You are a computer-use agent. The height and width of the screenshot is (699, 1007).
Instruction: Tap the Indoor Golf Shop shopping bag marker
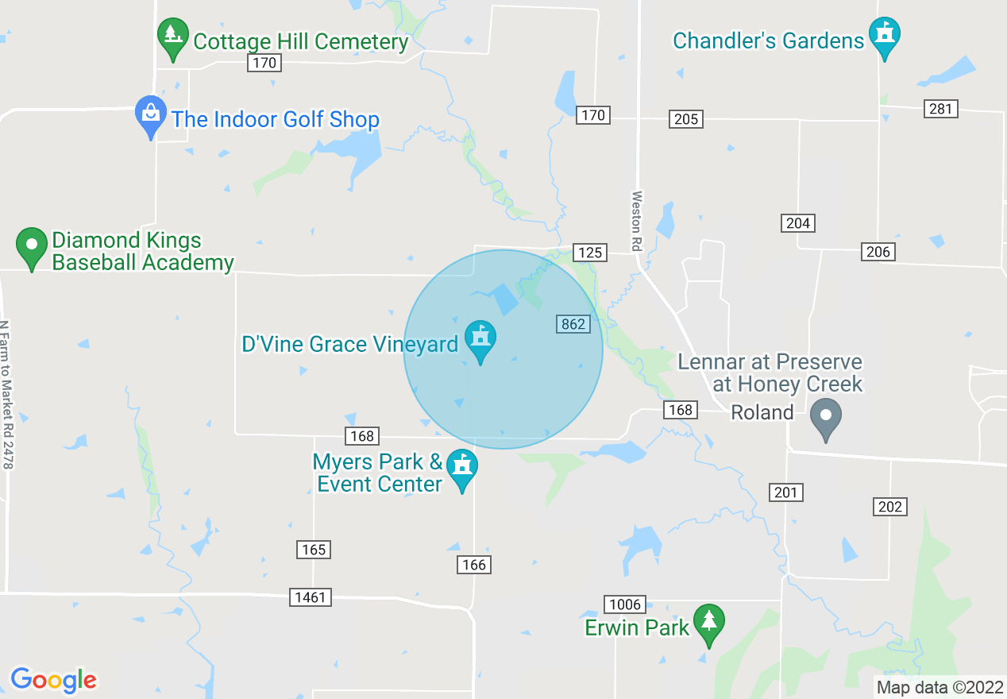pyautogui.click(x=150, y=116)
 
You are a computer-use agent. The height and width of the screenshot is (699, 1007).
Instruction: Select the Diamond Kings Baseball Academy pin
pyautogui.click(x=33, y=247)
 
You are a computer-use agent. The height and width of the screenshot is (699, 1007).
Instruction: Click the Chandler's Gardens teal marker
pyautogui.click(x=884, y=37)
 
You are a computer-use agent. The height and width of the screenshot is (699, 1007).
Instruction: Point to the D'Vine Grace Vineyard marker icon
pyautogui.click(x=480, y=340)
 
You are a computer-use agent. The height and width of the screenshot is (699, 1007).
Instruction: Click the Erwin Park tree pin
pyautogui.click(x=708, y=624)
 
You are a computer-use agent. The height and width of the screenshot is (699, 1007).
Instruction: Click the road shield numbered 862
pyautogui.click(x=573, y=323)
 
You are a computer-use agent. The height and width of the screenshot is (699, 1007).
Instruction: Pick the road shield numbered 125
pyautogui.click(x=590, y=253)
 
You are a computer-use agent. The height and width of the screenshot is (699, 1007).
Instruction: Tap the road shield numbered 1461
pyautogui.click(x=310, y=597)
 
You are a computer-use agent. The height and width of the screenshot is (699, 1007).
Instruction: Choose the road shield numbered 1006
pyautogui.click(x=625, y=604)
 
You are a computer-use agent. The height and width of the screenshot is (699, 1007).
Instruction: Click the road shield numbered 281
pyautogui.click(x=941, y=109)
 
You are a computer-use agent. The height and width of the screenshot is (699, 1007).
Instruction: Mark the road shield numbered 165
pyautogui.click(x=314, y=549)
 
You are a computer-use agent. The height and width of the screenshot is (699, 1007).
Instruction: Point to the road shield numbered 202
pyautogui.click(x=889, y=506)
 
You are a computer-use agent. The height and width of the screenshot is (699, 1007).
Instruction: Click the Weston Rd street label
pyautogui.click(x=636, y=221)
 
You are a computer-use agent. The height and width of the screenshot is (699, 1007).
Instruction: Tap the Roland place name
pyautogui.click(x=762, y=412)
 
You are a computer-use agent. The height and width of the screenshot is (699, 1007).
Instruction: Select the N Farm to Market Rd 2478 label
pyautogui.click(x=6, y=394)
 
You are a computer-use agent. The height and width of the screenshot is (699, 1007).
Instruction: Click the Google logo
pyautogui.click(x=53, y=680)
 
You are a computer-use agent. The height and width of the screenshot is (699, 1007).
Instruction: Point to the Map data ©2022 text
pyautogui.click(x=938, y=687)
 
